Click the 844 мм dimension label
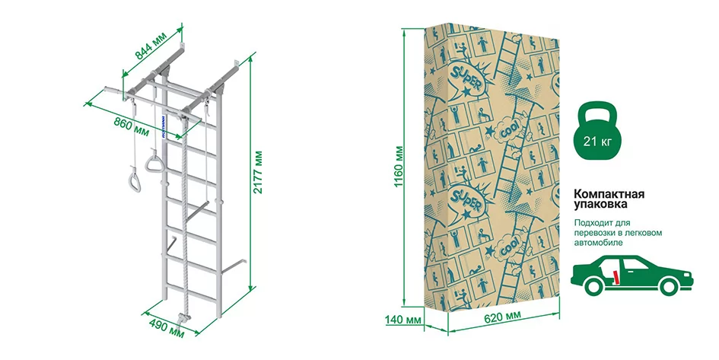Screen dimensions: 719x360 click(x=151, y=47)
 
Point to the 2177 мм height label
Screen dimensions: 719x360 click(x=259, y=172)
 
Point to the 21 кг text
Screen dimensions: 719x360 click(x=597, y=141)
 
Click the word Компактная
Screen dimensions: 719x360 click(x=609, y=194)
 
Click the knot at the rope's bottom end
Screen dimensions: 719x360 click(x=184, y=317)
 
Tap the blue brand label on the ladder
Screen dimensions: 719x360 click(x=164, y=126)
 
